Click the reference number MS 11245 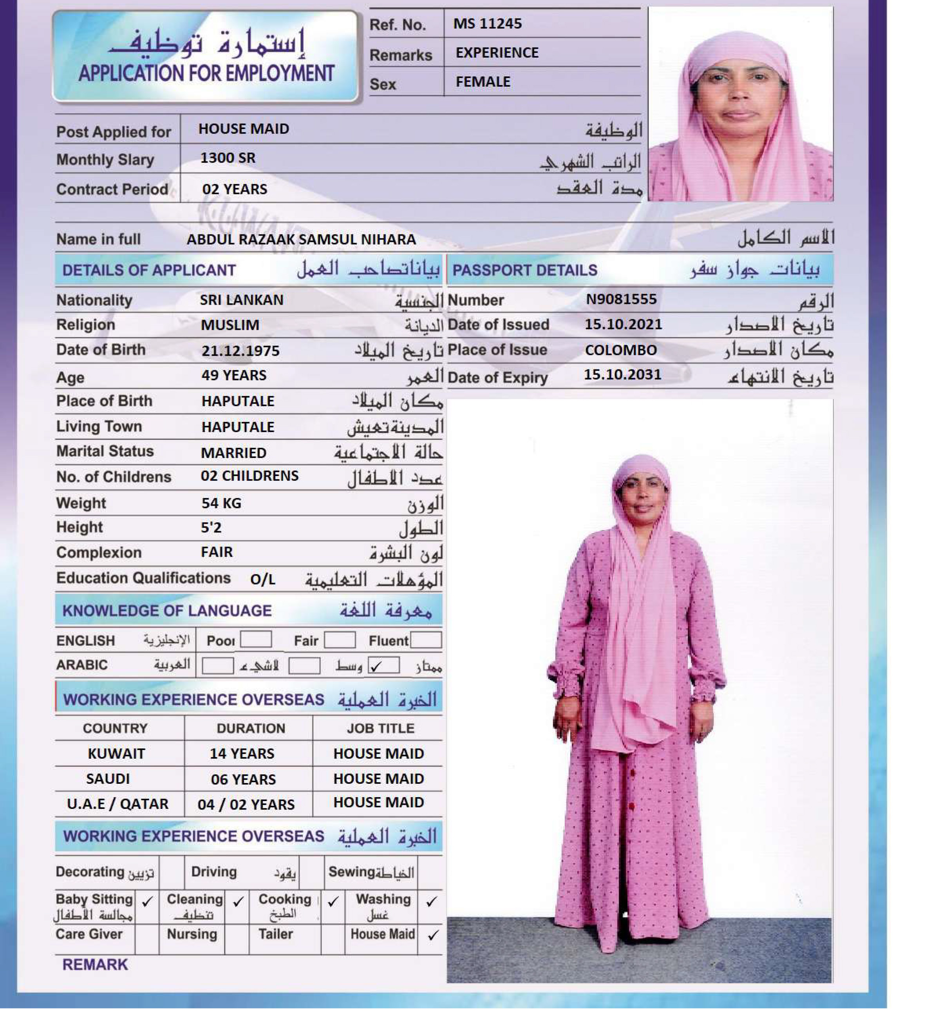[x=487, y=24]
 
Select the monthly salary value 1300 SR [x=228, y=158]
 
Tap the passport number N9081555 [x=621, y=299]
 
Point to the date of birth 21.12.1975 [x=240, y=351]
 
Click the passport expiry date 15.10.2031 [x=622, y=375]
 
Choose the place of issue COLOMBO [x=620, y=350]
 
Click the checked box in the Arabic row [x=383, y=665]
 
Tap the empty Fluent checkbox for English [x=426, y=640]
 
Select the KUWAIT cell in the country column [x=116, y=754]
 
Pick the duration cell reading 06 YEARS [x=243, y=779]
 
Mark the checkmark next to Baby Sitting [x=147, y=901]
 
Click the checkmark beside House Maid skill [x=433, y=936]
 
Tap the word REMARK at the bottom [x=95, y=965]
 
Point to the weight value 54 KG [x=221, y=503]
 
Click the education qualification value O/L [x=262, y=580]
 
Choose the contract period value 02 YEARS [x=235, y=189]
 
